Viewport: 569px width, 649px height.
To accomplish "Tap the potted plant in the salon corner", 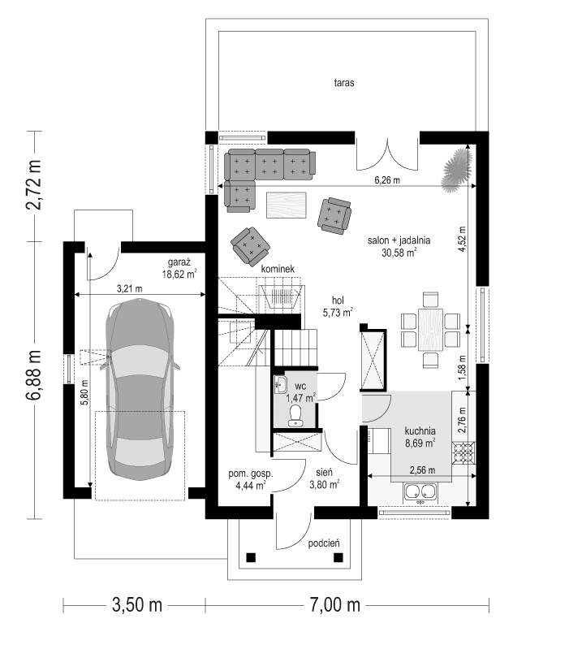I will point(457,169).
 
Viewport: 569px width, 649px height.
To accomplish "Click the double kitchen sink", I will point(420,491).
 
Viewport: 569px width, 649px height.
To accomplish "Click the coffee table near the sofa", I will point(286,205).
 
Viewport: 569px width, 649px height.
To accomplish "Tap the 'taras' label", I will point(345,83).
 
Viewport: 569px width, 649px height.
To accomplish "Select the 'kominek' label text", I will point(278,269).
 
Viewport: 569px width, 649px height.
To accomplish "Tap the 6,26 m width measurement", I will point(386,180).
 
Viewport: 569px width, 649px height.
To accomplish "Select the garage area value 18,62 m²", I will point(179,275).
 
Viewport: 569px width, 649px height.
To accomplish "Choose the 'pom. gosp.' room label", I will point(250,474).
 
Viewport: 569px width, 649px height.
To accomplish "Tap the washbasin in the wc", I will point(281,384).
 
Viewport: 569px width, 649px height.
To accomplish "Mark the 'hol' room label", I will point(338,301).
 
